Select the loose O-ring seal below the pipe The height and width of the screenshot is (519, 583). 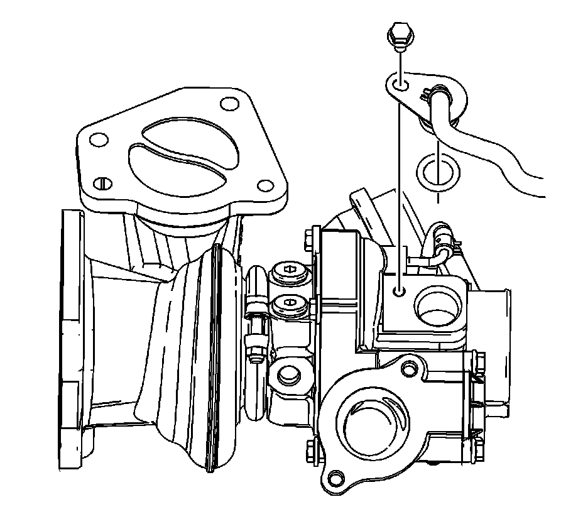pyautogui.click(x=436, y=172)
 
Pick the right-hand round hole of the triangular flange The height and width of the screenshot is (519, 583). pyautogui.click(x=266, y=185)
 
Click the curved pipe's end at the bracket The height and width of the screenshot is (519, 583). pyautogui.click(x=438, y=98)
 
